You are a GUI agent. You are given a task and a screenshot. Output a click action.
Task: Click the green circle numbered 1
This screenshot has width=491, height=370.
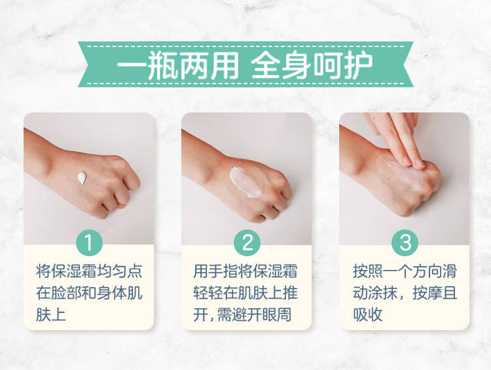tap(89, 243)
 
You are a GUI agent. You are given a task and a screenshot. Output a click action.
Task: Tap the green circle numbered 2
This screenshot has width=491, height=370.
tap(247, 243)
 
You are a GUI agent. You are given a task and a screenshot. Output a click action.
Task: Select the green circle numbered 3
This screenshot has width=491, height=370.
tap(405, 243)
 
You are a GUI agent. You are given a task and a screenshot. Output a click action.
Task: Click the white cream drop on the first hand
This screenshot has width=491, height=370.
tap(82, 177)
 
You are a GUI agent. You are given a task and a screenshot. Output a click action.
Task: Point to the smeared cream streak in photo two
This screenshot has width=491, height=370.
tap(245, 182)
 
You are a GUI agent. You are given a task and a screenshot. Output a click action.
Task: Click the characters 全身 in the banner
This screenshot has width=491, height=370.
tap(282, 65)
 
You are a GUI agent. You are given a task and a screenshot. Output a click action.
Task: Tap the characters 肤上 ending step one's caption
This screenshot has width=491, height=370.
tap(51, 314)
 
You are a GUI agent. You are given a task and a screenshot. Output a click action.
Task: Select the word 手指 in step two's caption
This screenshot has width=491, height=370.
tap(224, 271)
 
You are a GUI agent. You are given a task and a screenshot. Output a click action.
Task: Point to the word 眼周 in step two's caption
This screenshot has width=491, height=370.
tap(276, 314)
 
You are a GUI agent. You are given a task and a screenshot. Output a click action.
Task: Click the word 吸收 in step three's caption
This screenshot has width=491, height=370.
tap(368, 314)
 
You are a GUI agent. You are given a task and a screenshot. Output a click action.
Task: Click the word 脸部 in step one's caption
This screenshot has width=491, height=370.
tap(66, 293)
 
